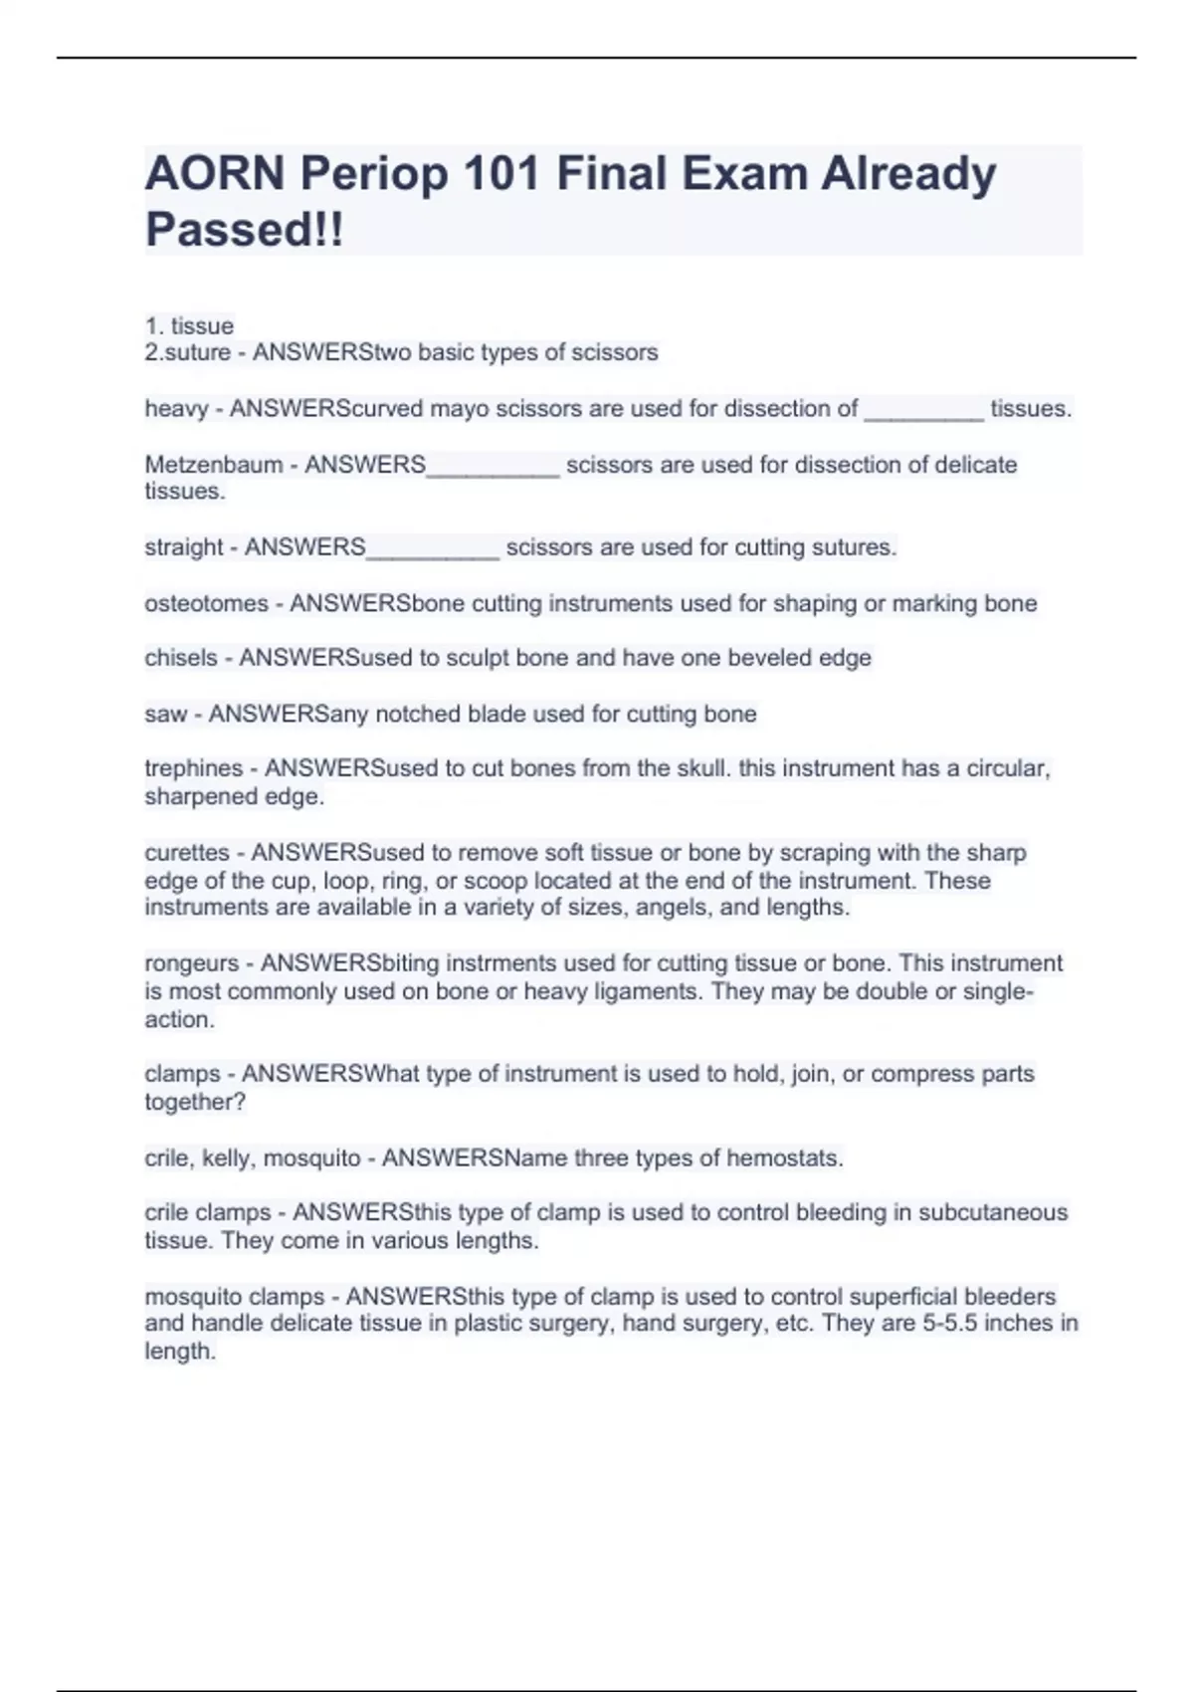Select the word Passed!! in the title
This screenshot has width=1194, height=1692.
pos(245,230)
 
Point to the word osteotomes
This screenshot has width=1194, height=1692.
pos(207,603)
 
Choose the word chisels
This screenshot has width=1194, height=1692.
pos(181,658)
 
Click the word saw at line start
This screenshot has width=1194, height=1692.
pos(165,714)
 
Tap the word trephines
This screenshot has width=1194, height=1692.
pos(194,768)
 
